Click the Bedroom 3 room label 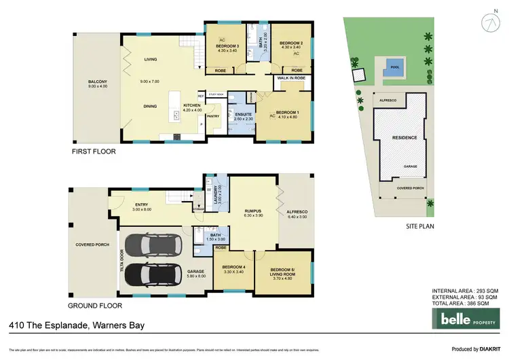point(222,45)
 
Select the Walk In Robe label point(292,78)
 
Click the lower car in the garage point(157,274)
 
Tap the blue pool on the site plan point(394,69)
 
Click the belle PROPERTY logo point(468,319)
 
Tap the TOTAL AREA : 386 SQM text point(465,304)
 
